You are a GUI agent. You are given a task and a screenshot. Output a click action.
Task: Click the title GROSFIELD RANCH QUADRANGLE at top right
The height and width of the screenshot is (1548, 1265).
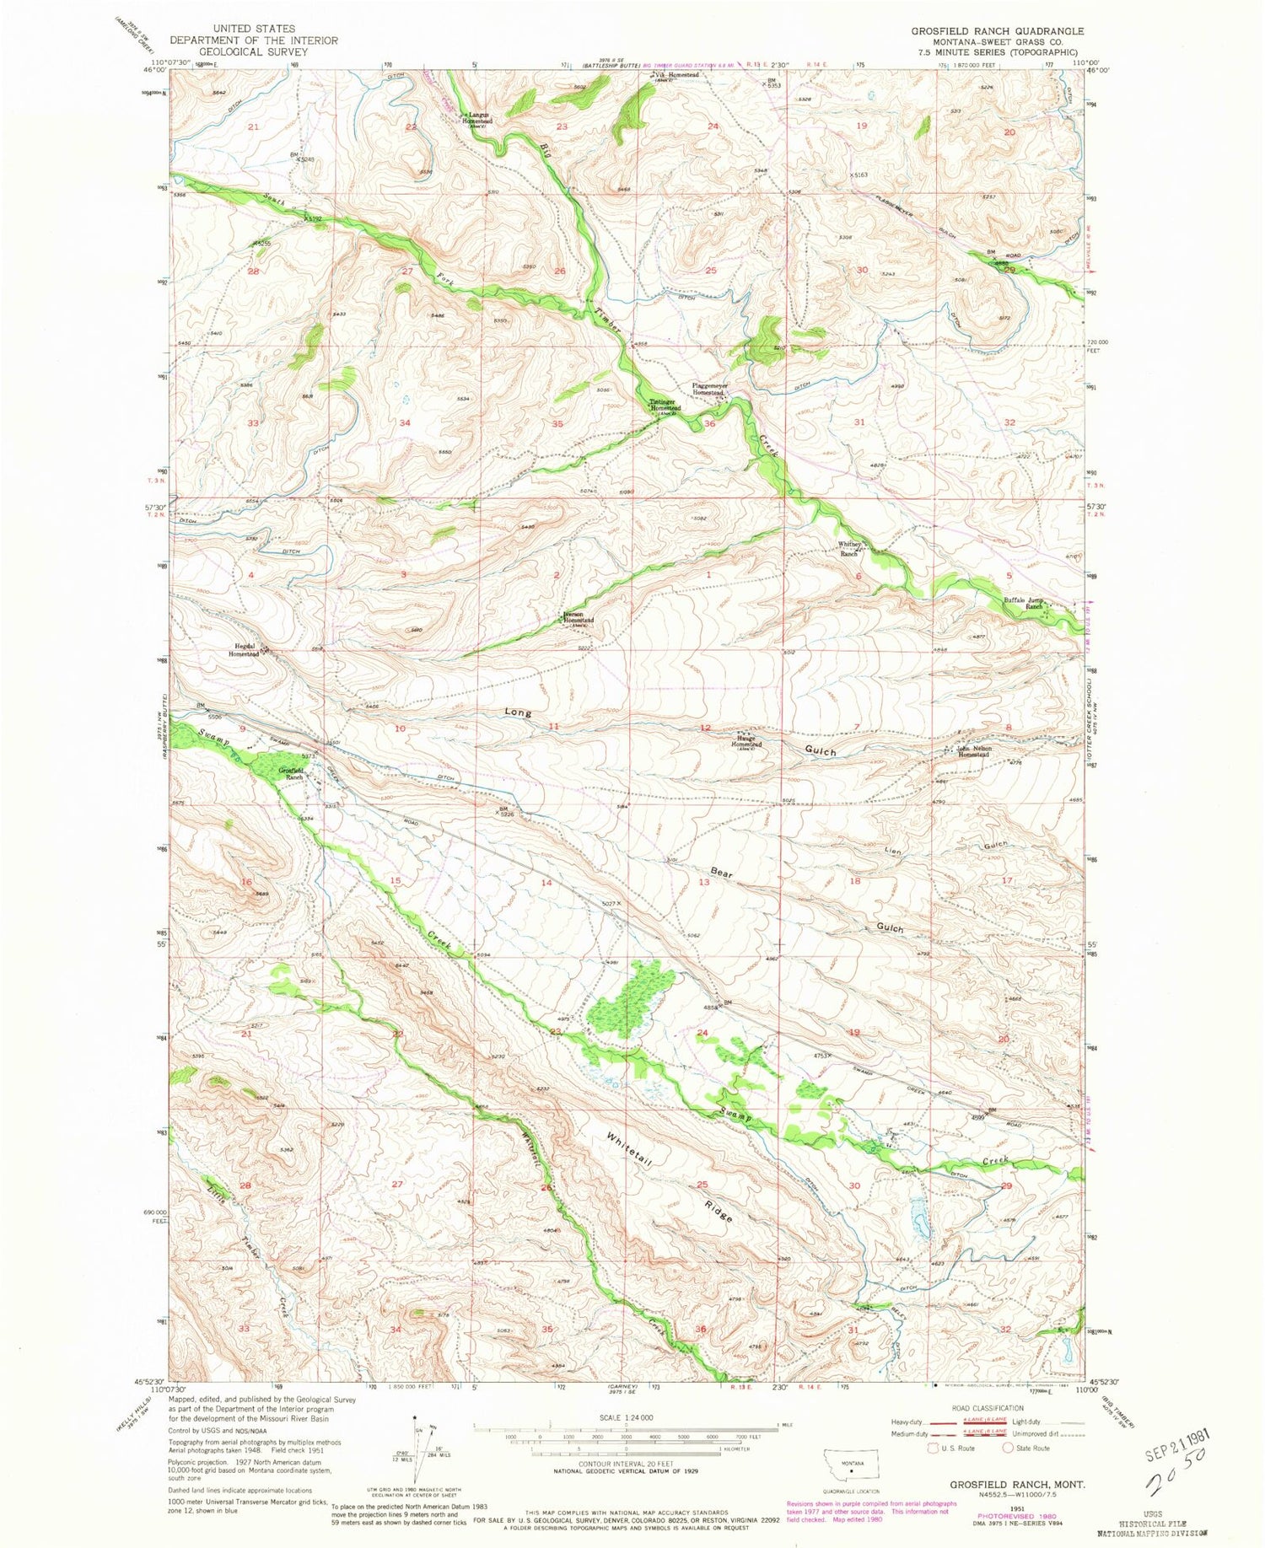[x=997, y=30]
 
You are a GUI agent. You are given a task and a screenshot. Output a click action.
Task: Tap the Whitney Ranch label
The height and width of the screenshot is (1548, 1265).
[x=848, y=550]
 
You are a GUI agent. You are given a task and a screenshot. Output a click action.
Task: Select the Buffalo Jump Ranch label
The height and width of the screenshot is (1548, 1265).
[x=1023, y=603]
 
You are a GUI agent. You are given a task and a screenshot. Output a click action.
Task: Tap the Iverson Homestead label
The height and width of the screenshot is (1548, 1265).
[x=579, y=620]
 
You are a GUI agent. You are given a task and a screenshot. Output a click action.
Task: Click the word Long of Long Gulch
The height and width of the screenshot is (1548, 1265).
[x=519, y=713]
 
